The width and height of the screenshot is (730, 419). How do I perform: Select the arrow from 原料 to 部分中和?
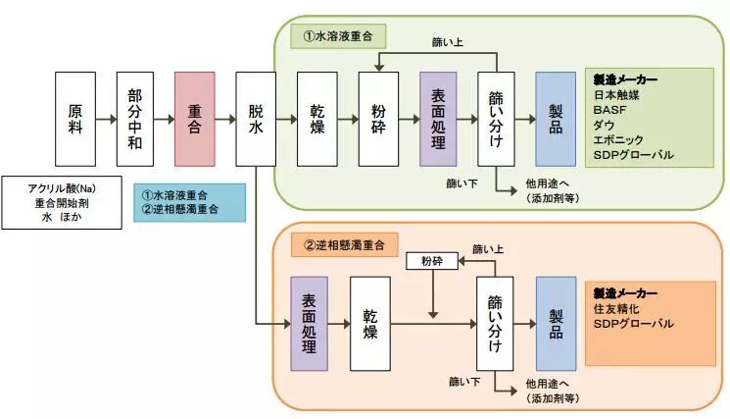click(105, 119)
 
